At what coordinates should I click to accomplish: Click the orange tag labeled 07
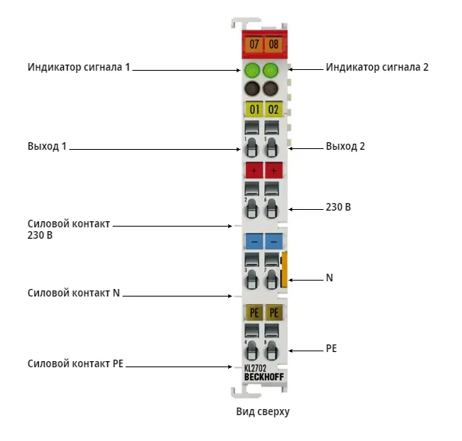pyautogui.click(x=253, y=44)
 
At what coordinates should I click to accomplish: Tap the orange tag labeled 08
pyautogui.click(x=273, y=44)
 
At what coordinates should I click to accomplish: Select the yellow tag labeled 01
pyautogui.click(x=254, y=109)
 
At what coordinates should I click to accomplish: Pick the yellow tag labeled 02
pyautogui.click(x=274, y=109)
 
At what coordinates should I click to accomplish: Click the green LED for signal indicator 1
pyautogui.click(x=252, y=70)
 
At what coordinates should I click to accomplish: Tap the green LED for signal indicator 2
pyautogui.click(x=271, y=70)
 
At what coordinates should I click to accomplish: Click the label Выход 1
pyautogui.click(x=47, y=146)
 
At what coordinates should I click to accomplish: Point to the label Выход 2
pyautogui.click(x=346, y=146)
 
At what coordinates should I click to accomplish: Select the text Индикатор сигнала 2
pyautogui.click(x=378, y=67)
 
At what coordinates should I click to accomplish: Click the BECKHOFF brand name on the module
pyautogui.click(x=264, y=377)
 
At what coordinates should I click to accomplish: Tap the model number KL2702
pyautogui.click(x=255, y=368)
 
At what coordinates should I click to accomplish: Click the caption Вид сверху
pyautogui.click(x=263, y=411)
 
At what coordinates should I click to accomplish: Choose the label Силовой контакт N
pyautogui.click(x=74, y=293)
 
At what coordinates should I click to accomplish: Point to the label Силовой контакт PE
pyautogui.click(x=75, y=363)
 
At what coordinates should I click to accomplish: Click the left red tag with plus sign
pyautogui.click(x=254, y=170)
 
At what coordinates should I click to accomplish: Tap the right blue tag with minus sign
pyautogui.click(x=274, y=241)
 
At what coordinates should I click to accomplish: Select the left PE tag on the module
pyautogui.click(x=254, y=313)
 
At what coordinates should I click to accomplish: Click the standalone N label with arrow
pyautogui.click(x=330, y=278)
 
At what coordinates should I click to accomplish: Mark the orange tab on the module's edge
pyautogui.click(x=285, y=269)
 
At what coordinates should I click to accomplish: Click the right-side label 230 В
pyautogui.click(x=338, y=207)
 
